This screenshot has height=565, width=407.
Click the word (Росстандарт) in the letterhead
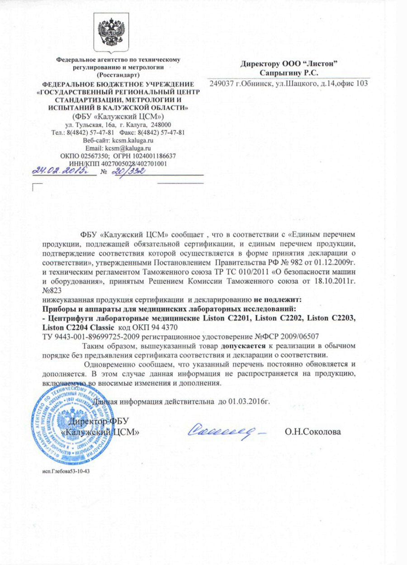118,74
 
